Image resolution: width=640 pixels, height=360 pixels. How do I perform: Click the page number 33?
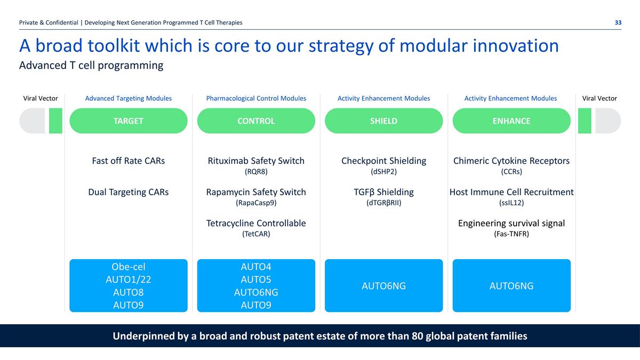point(618,22)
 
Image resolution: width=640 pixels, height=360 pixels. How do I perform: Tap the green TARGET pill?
point(129,121)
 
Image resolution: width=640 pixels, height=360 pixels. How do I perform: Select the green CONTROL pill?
point(256,121)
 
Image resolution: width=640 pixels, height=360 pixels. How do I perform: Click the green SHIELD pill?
point(383,121)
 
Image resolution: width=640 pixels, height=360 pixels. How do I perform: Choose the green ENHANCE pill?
point(511,121)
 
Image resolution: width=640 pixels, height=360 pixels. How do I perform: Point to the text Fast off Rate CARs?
point(129,161)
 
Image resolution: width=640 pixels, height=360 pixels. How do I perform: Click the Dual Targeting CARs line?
point(129,192)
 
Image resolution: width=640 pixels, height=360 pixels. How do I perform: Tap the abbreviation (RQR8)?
point(256,172)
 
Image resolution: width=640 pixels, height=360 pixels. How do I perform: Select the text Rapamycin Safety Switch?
point(256,192)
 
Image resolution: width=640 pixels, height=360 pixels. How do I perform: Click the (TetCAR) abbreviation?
point(256,234)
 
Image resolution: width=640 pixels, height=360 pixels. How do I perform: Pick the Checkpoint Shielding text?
point(383,161)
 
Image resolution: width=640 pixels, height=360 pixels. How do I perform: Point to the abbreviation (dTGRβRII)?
point(383,203)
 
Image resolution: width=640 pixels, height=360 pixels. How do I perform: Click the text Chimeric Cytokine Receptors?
point(511,161)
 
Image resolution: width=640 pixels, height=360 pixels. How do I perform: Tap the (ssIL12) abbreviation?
point(511,203)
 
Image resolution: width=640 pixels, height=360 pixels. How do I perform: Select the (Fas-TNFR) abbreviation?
point(511,234)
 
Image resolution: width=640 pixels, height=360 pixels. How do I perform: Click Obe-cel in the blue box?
point(129,267)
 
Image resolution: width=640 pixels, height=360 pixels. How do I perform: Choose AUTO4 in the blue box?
point(256,267)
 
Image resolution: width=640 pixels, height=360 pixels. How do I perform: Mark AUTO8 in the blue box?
point(129,292)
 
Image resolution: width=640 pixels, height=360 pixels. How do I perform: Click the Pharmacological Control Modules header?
point(256,98)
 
